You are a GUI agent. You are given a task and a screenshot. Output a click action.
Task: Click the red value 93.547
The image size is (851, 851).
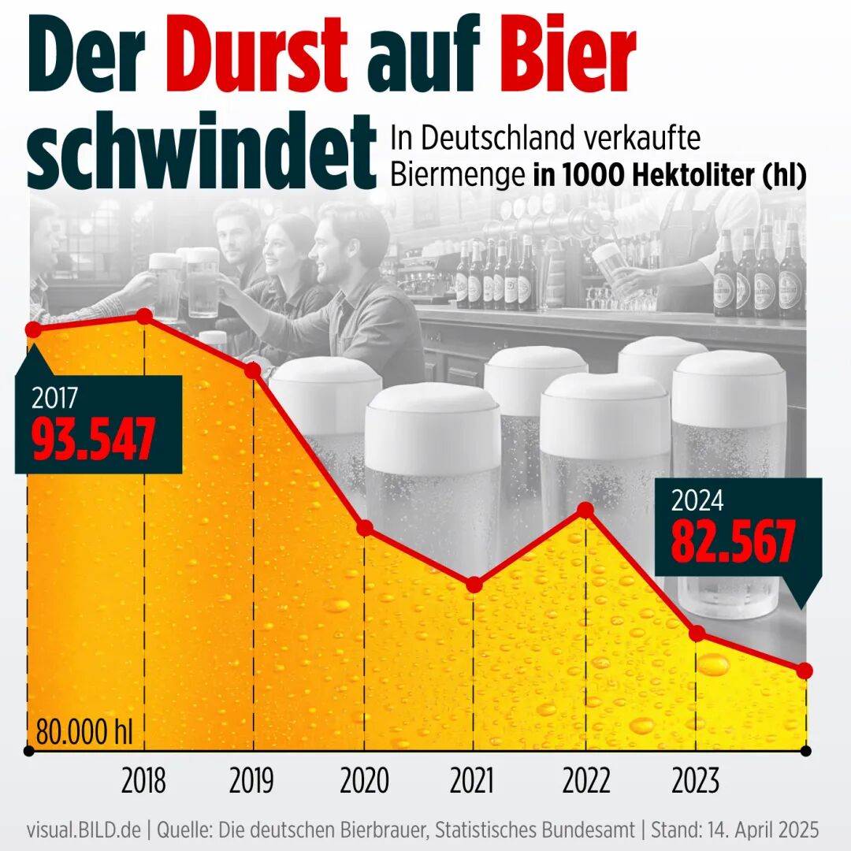[93, 439]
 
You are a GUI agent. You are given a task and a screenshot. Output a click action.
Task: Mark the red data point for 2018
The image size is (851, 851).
[144, 316]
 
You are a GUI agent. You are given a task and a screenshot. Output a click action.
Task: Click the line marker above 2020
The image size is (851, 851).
[364, 528]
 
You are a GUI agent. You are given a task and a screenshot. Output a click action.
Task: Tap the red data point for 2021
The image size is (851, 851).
[474, 585]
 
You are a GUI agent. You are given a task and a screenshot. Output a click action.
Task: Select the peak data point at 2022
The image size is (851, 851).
[585, 510]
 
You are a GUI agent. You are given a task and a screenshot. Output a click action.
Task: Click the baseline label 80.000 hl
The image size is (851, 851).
[84, 733]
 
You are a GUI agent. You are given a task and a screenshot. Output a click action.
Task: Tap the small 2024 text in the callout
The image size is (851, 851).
[697, 501]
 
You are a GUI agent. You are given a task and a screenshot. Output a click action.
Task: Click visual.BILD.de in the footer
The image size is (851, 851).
[84, 831]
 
